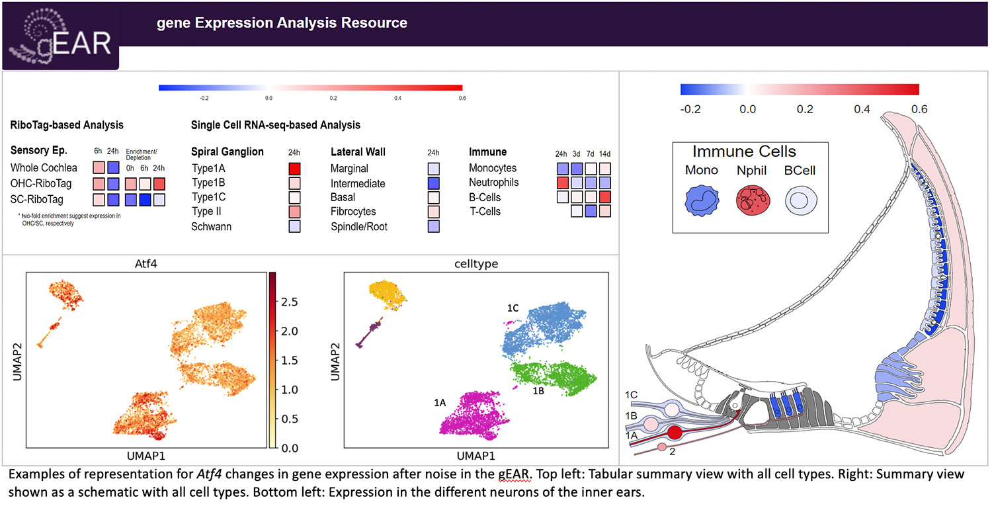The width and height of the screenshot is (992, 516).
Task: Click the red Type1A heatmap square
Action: (x=295, y=169)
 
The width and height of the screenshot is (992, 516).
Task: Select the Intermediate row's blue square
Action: (x=434, y=183)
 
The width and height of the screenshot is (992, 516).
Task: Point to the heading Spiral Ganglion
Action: (x=227, y=152)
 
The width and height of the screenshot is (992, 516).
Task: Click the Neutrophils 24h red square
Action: (x=562, y=183)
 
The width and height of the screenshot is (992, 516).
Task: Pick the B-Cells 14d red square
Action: (x=604, y=197)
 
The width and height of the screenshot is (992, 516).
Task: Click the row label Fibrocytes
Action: (x=353, y=212)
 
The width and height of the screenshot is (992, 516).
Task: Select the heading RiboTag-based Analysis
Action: (x=67, y=125)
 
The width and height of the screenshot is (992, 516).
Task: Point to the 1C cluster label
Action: (x=513, y=309)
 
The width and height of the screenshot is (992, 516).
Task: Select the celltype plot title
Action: (x=477, y=263)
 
